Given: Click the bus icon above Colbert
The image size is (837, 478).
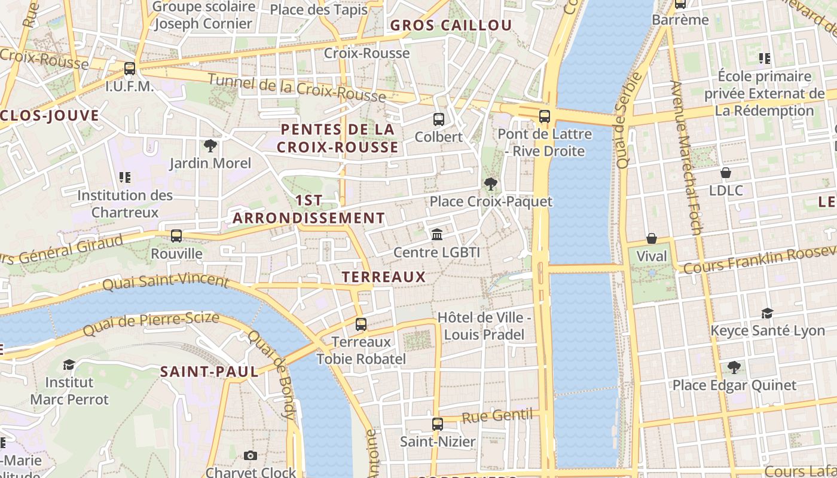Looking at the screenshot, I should coord(439,119).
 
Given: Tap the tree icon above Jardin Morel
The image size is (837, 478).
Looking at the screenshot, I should coord(210,146).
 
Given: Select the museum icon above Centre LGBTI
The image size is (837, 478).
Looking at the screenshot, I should coord(437,235).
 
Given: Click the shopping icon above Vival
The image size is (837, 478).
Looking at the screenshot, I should coord(652,239).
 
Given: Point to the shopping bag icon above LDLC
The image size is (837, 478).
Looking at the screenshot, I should coord(726,173).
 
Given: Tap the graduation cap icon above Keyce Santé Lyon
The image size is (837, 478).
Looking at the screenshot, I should coord(767,313).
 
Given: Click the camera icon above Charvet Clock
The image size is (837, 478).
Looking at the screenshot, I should coord(251,456).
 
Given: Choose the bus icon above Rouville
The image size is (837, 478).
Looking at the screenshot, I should coord(176,236).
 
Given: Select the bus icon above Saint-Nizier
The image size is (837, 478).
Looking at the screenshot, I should coord(438,424).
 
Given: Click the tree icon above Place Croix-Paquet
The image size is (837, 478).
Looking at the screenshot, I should coord(491,184).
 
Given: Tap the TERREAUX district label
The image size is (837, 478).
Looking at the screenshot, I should coord(384,277).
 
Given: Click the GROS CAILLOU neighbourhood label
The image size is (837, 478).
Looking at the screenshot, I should coord(451,25).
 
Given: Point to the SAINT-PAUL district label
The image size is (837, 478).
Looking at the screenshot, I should coord(209,372).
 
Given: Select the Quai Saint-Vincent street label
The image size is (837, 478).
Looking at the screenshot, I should coord(166,283).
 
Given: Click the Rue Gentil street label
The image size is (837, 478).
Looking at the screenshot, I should coord(497,415).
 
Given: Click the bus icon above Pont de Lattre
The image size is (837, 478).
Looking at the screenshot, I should coord(544,117).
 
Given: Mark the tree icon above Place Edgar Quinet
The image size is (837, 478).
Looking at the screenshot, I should coord(734,367).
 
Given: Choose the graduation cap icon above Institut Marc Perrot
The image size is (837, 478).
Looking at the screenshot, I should coord(69,364).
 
